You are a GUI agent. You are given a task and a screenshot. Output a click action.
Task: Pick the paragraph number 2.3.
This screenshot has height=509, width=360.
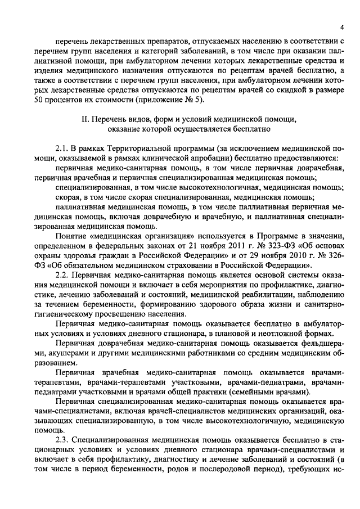click(62, 439)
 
